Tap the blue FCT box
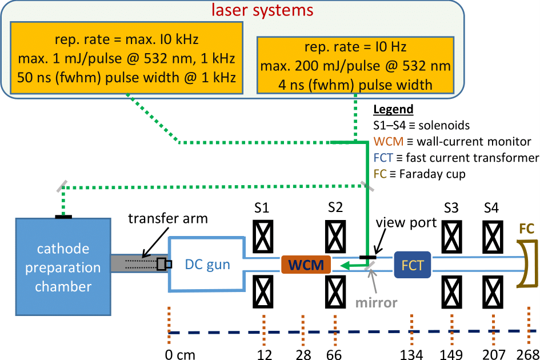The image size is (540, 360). (412, 265)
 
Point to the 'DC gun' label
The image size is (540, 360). (207, 265)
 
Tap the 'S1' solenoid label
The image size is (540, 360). (262, 208)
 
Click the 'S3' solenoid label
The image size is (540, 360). (451, 208)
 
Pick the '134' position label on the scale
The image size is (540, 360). (411, 354)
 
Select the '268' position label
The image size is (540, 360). (527, 354)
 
